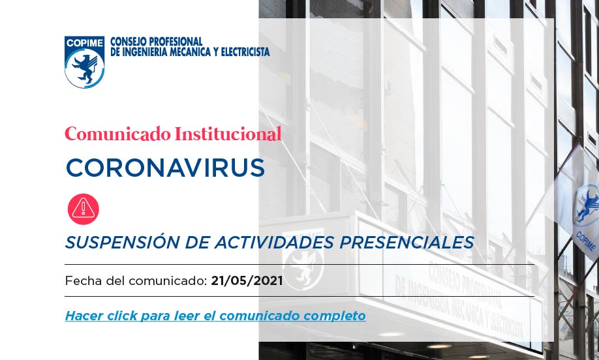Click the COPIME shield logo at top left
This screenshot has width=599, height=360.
point(84,62)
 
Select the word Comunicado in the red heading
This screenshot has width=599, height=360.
point(117,134)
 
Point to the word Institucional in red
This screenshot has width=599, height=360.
point(228,134)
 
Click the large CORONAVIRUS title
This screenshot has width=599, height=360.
point(166,168)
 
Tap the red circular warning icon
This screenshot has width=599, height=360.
point(84,209)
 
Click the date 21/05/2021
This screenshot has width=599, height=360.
point(247,281)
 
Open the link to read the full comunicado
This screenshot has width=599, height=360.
point(215,316)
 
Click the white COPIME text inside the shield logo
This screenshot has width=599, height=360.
point(84,43)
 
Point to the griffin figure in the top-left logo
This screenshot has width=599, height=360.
point(85,68)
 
